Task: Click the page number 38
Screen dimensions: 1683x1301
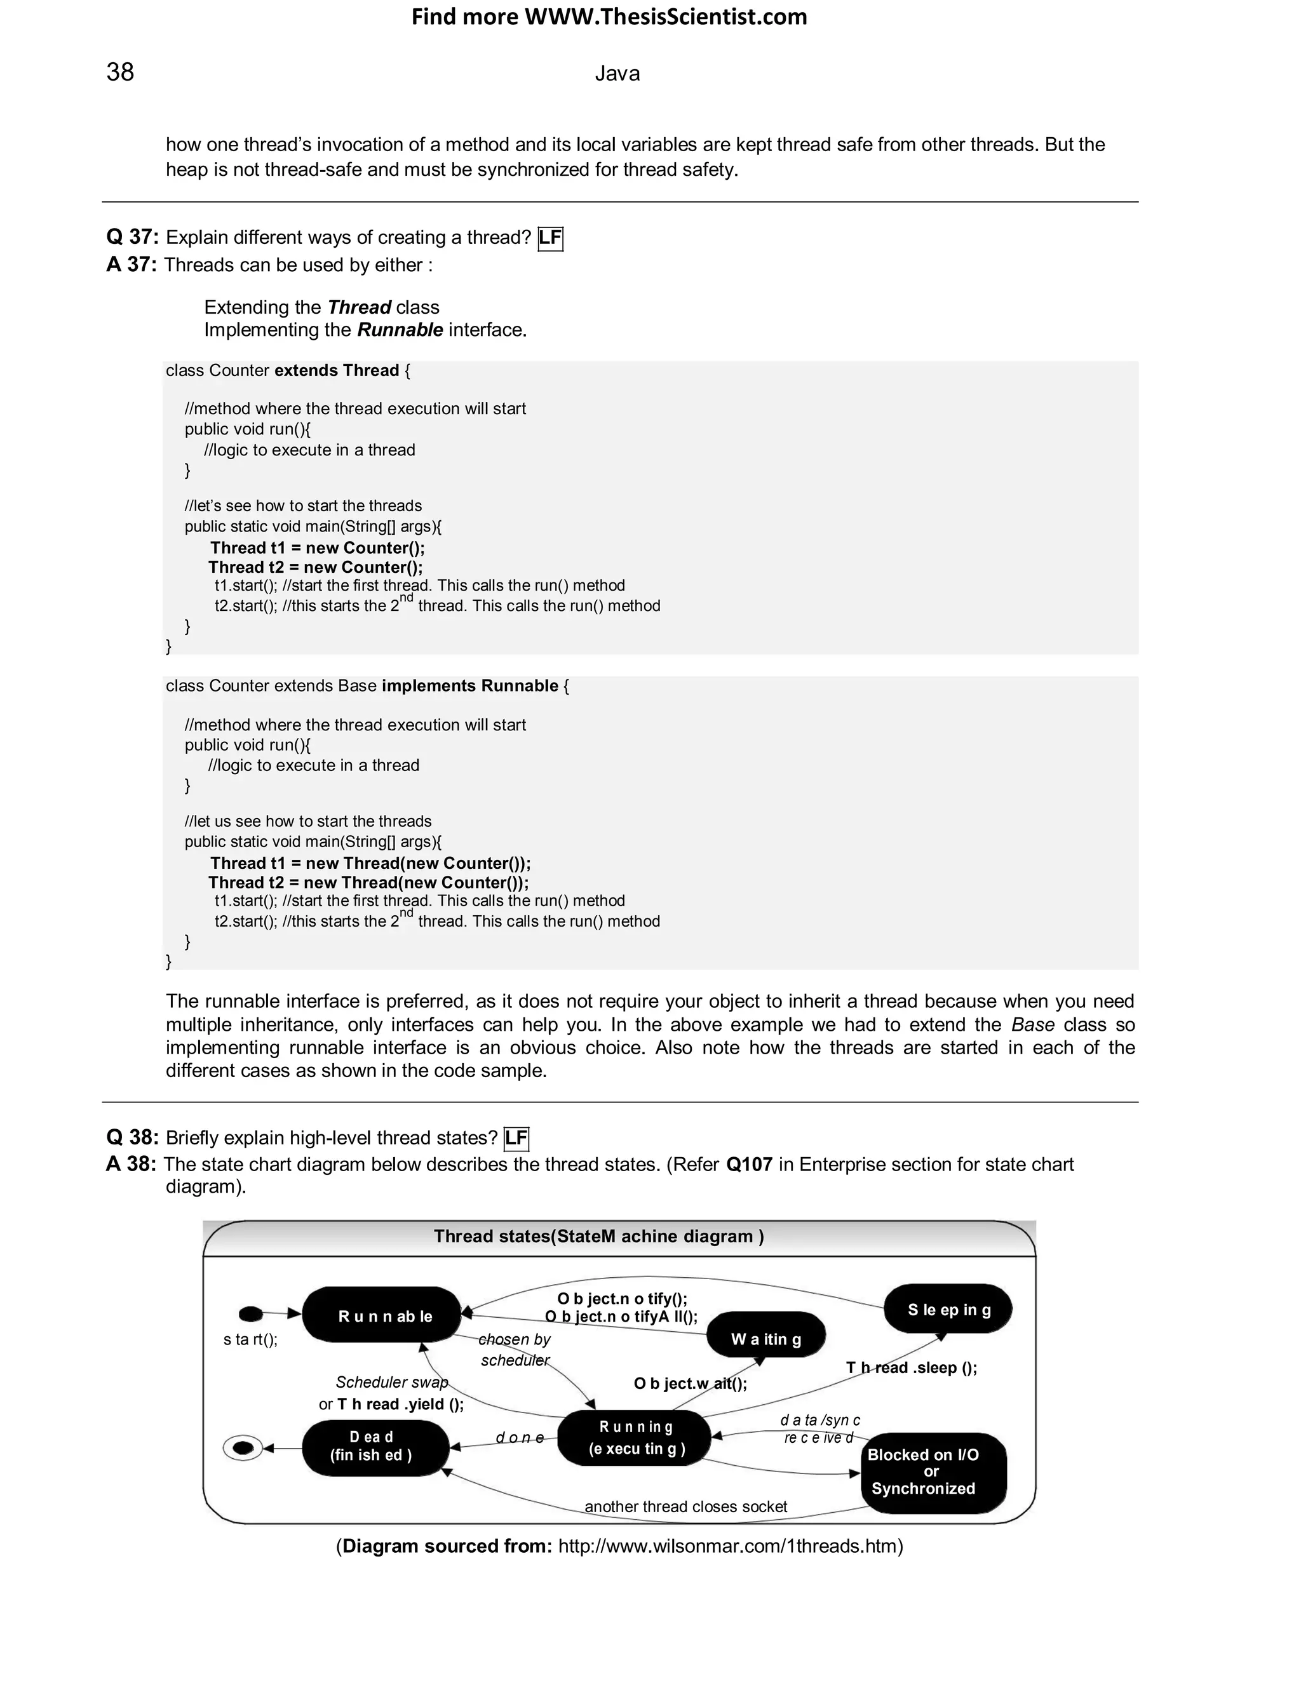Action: click(120, 72)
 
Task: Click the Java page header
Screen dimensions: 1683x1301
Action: click(617, 74)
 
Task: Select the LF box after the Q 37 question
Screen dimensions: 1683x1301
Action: click(549, 238)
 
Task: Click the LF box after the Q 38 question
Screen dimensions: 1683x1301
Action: click(516, 1138)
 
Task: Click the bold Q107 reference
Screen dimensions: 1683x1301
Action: click(748, 1164)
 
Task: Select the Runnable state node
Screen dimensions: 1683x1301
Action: click(383, 1315)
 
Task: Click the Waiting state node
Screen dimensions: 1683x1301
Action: click(765, 1339)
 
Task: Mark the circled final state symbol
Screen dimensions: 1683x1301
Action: click(243, 1449)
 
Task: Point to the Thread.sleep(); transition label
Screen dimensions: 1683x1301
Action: click(911, 1368)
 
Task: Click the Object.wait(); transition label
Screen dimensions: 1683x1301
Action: click(690, 1384)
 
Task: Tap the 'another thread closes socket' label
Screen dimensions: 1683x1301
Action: click(685, 1506)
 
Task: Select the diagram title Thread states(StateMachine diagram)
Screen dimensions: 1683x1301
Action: click(599, 1237)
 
